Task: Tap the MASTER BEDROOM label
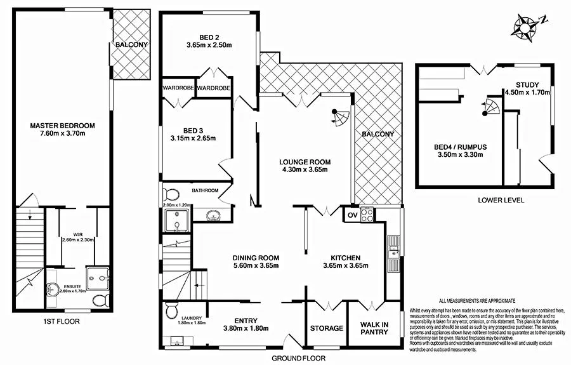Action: (x=62, y=124)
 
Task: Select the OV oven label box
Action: (x=351, y=215)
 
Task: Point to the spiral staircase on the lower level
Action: (x=490, y=107)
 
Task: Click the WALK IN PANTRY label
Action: (x=374, y=327)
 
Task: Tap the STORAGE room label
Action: (x=327, y=328)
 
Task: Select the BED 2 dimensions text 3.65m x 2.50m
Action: (x=209, y=45)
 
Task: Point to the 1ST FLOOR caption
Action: (x=60, y=321)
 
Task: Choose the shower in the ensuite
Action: (x=97, y=275)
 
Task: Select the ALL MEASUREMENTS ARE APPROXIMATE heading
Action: (x=476, y=300)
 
